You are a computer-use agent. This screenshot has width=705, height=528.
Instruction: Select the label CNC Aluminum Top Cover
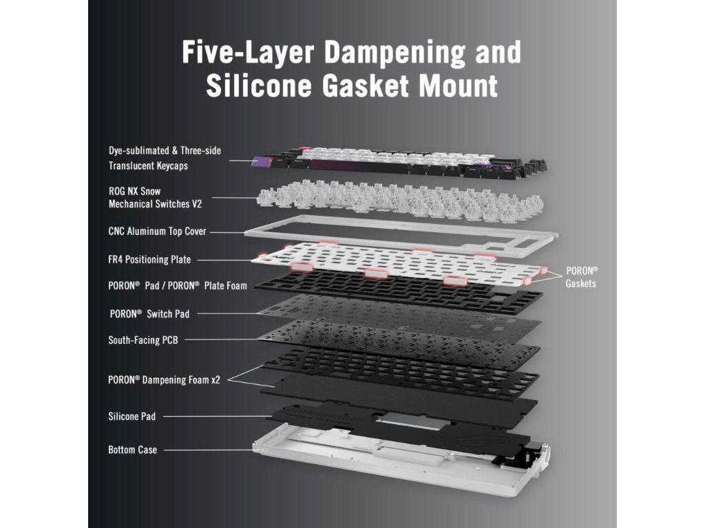pyautogui.click(x=157, y=232)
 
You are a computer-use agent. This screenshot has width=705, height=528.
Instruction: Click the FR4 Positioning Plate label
pyautogui.click(x=149, y=260)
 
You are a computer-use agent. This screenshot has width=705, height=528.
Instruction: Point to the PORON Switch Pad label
pyautogui.click(x=149, y=313)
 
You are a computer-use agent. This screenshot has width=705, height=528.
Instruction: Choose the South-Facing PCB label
pyautogui.click(x=143, y=340)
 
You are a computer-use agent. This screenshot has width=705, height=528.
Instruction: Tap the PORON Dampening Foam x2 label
pyautogui.click(x=164, y=379)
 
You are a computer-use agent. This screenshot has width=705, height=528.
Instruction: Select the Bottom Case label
pyautogui.click(x=132, y=450)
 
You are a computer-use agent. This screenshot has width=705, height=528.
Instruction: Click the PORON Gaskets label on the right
pyautogui.click(x=581, y=277)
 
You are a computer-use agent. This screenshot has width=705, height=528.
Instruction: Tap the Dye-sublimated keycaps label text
pyautogui.click(x=165, y=157)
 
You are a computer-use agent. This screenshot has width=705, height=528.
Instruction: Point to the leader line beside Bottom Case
pyautogui.click(x=207, y=450)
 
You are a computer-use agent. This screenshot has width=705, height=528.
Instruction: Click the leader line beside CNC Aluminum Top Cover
pyautogui.click(x=234, y=232)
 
